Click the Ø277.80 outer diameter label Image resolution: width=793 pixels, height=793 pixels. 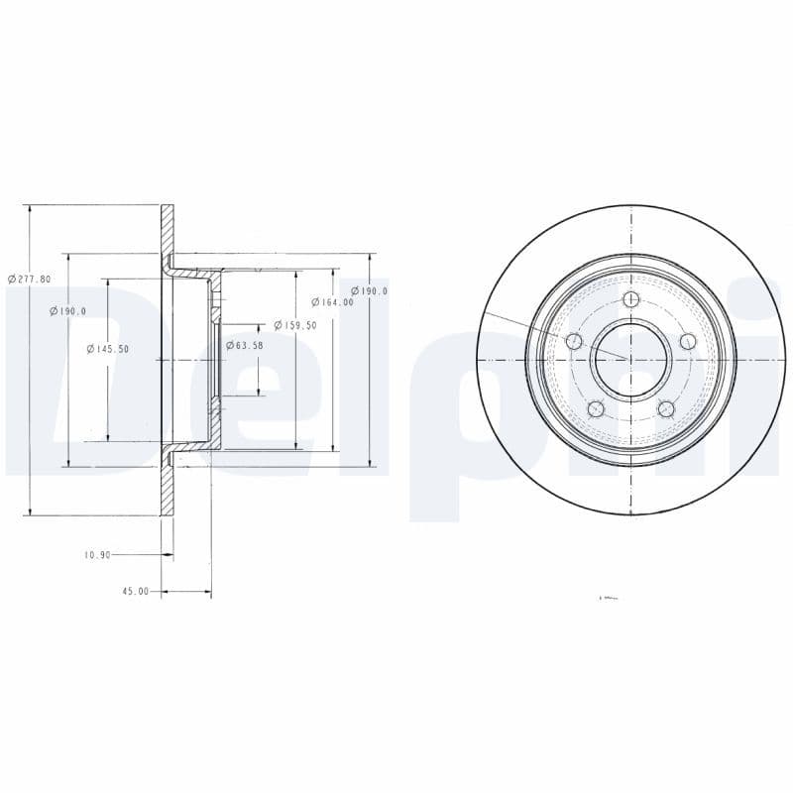29,279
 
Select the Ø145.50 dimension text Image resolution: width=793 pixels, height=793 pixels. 108,349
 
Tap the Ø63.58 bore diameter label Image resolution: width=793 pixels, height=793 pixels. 244,345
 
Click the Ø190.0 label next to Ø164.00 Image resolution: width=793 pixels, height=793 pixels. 369,290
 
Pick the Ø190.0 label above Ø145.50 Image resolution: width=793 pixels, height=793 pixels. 67,311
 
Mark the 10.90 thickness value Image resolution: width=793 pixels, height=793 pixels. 97,555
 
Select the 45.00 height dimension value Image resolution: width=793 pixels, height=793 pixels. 135,591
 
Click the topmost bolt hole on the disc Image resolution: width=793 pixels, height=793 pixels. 631,300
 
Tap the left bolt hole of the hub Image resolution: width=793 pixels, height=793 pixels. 573,342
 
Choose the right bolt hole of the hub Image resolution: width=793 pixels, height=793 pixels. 688,342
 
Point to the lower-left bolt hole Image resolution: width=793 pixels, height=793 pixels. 596,408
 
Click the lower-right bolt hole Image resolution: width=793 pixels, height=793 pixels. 665,408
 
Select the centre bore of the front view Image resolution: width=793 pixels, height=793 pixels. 630,359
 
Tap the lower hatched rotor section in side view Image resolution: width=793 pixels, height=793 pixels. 168,486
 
